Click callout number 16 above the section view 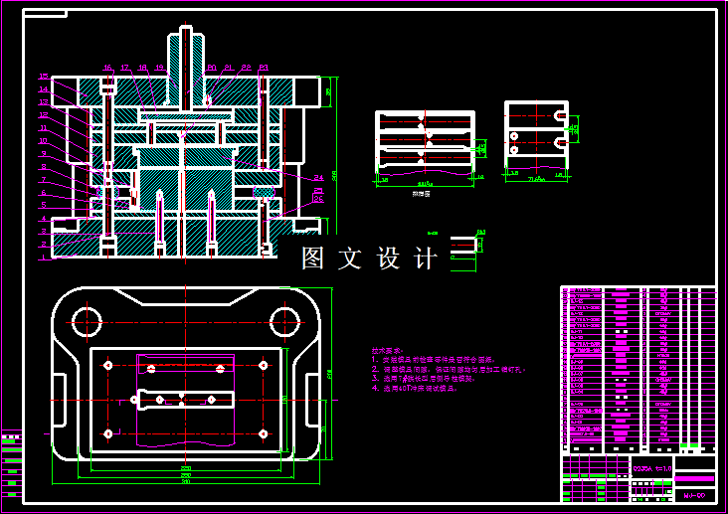[106, 68]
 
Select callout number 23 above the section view [264, 68]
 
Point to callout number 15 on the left [44, 77]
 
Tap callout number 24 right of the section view [317, 177]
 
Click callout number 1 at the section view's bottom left [44, 257]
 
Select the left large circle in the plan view [87, 320]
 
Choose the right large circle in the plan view [285, 320]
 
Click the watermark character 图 [313, 258]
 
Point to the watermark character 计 [426, 258]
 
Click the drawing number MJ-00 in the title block [693, 493]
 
